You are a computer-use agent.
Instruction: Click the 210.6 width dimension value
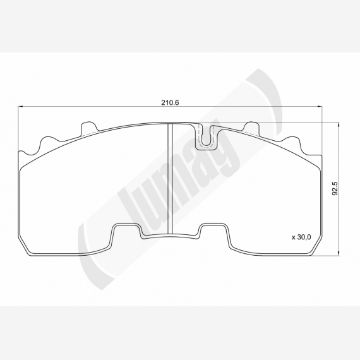click(170, 102)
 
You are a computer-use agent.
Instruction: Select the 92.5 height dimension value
click(335, 188)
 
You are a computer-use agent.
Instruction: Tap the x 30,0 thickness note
click(301, 237)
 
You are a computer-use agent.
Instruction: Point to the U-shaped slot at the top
click(207, 136)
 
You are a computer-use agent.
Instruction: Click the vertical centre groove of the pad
click(170, 178)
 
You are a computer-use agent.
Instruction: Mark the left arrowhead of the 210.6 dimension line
click(20, 106)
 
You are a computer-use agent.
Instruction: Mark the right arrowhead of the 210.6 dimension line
click(320, 106)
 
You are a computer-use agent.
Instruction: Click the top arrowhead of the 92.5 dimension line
click(338, 125)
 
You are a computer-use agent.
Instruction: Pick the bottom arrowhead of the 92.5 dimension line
click(338, 253)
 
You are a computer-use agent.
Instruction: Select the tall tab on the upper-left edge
click(88, 128)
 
